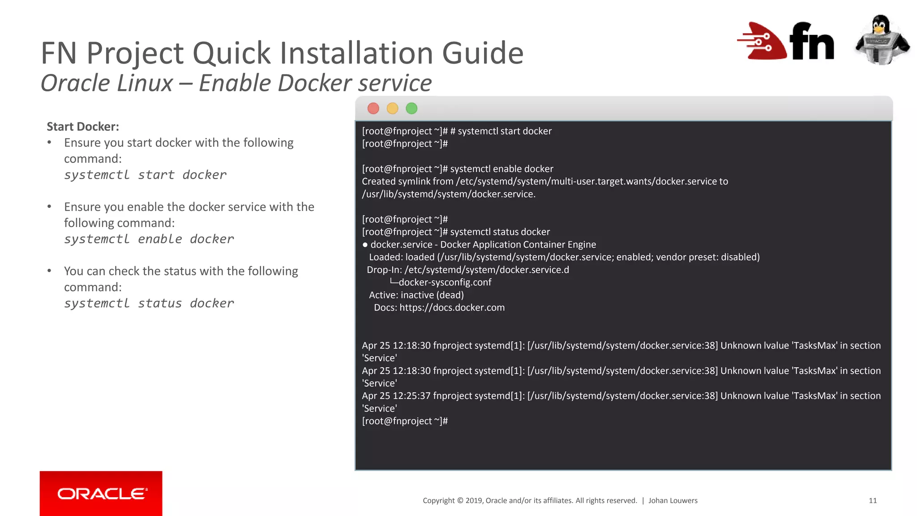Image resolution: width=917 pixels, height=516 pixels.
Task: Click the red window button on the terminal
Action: [373, 108]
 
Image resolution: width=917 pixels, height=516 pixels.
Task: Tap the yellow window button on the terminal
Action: [392, 108]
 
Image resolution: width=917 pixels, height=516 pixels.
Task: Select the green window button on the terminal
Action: [411, 108]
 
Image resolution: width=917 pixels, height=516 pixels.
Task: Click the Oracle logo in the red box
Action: [101, 494]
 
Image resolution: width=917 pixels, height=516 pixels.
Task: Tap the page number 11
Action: [873, 501]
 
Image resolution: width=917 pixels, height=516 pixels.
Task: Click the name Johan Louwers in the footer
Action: [673, 501]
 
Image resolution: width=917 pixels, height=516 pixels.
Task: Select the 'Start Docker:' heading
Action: [83, 127]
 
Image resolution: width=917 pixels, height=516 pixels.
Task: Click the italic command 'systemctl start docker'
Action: [145, 175]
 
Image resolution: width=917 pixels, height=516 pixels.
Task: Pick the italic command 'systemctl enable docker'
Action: [149, 239]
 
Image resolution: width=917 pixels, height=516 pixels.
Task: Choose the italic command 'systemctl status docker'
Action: [149, 303]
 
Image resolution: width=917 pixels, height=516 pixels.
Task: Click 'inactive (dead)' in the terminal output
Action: [432, 295]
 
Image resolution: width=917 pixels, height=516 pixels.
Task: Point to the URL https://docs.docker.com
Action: [452, 308]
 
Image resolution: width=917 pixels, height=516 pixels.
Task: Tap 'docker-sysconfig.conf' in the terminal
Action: [445, 283]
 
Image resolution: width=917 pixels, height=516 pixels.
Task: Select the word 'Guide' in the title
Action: [483, 53]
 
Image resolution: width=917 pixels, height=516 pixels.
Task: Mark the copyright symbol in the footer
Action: [460, 501]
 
